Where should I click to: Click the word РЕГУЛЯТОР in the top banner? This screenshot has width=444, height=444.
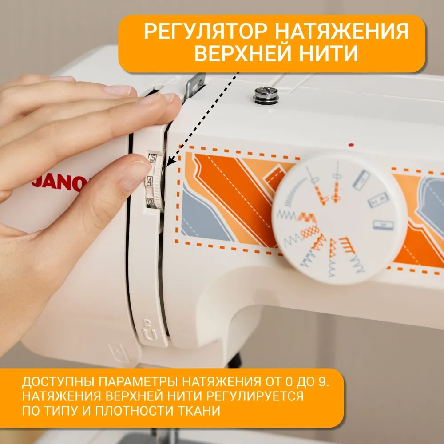pyautogui.click(x=206, y=31)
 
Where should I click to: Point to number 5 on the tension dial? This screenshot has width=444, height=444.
pyautogui.click(x=153, y=159)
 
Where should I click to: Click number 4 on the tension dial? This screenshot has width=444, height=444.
pyautogui.click(x=150, y=181)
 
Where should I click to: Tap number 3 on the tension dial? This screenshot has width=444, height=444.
pyautogui.click(x=151, y=202)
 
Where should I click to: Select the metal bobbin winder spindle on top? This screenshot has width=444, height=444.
pyautogui.click(x=266, y=95)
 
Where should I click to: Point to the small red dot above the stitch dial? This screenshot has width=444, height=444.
pyautogui.click(x=351, y=145)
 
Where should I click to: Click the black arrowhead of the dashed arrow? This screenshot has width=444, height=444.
pyautogui.click(x=170, y=162)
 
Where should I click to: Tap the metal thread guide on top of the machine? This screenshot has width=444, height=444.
pyautogui.click(x=194, y=85)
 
